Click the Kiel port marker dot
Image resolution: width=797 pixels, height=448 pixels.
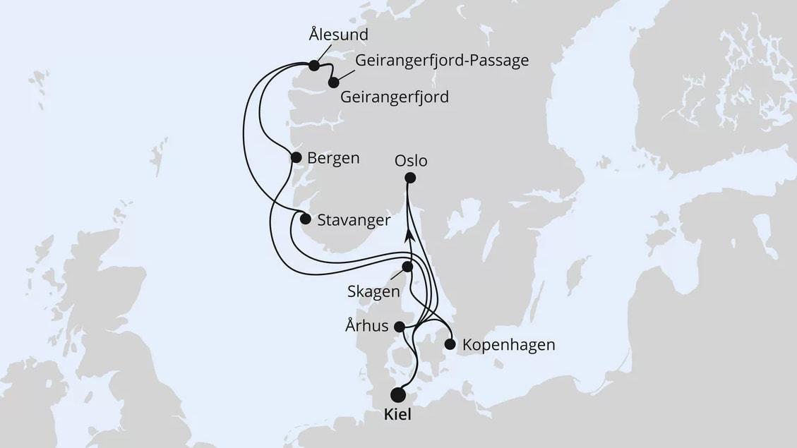point(398,394)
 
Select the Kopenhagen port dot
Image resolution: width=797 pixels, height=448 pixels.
point(450,344)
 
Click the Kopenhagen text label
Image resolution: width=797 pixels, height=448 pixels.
point(508,345)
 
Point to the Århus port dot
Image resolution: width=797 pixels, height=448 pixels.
point(399,327)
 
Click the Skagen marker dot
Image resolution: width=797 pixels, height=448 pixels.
point(407,267)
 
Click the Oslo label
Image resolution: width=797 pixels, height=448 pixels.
point(411,161)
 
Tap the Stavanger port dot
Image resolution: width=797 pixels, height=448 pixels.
point(305,219)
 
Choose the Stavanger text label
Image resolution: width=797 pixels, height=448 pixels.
point(354,220)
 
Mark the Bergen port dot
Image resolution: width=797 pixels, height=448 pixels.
point(296,157)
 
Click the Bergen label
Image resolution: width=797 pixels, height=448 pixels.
point(334,158)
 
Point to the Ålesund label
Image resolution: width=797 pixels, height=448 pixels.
point(339,34)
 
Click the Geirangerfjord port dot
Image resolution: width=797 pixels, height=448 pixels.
point(333,83)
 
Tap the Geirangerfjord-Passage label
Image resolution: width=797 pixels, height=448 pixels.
point(442,61)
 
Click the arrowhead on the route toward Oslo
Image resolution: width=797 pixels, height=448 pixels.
point(408,236)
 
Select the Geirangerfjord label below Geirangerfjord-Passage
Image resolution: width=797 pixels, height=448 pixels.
point(394,97)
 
